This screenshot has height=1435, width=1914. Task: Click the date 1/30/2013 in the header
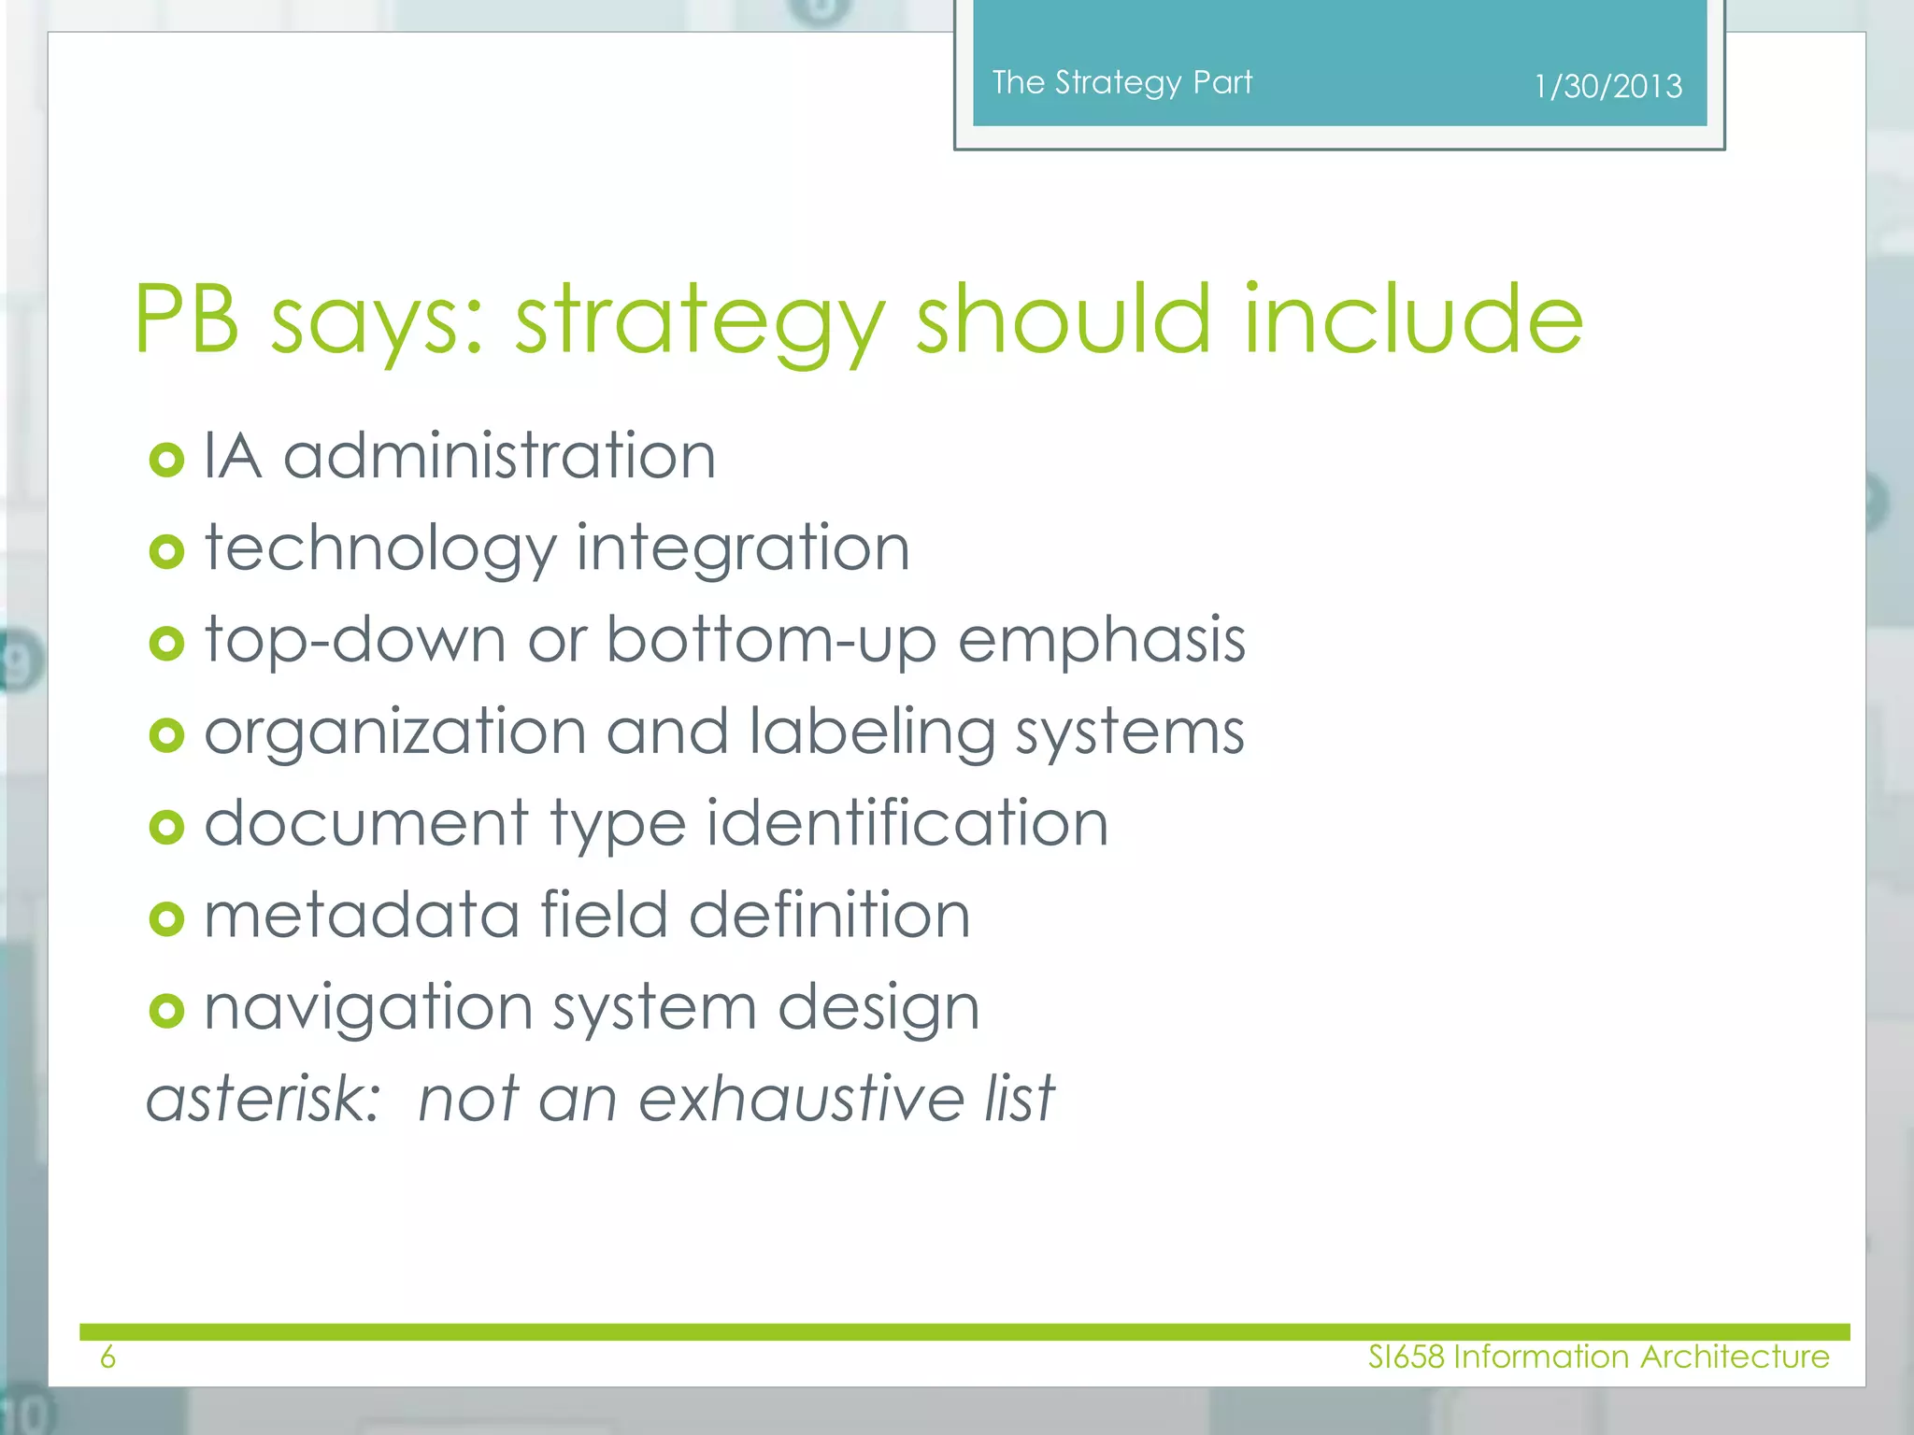pyautogui.click(x=1607, y=87)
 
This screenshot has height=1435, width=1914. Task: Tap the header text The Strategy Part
pyautogui.click(x=1121, y=83)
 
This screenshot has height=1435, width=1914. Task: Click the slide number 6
pyautogui.click(x=107, y=1357)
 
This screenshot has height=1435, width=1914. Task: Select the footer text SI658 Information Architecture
pyautogui.click(x=1598, y=1357)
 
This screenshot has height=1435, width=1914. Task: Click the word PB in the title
pyautogui.click(x=187, y=320)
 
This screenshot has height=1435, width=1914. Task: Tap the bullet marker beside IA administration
pyautogui.click(x=166, y=460)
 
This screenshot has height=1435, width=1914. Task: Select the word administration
pyautogui.click(x=499, y=457)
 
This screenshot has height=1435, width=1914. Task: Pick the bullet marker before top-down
pyautogui.click(x=166, y=644)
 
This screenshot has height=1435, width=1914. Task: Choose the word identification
pyautogui.click(x=907, y=823)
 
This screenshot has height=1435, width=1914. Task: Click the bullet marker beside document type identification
pyautogui.click(x=166, y=827)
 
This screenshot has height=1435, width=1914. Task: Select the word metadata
pyautogui.click(x=362, y=915)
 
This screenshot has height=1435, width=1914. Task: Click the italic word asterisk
pyautogui.click(x=263, y=1098)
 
